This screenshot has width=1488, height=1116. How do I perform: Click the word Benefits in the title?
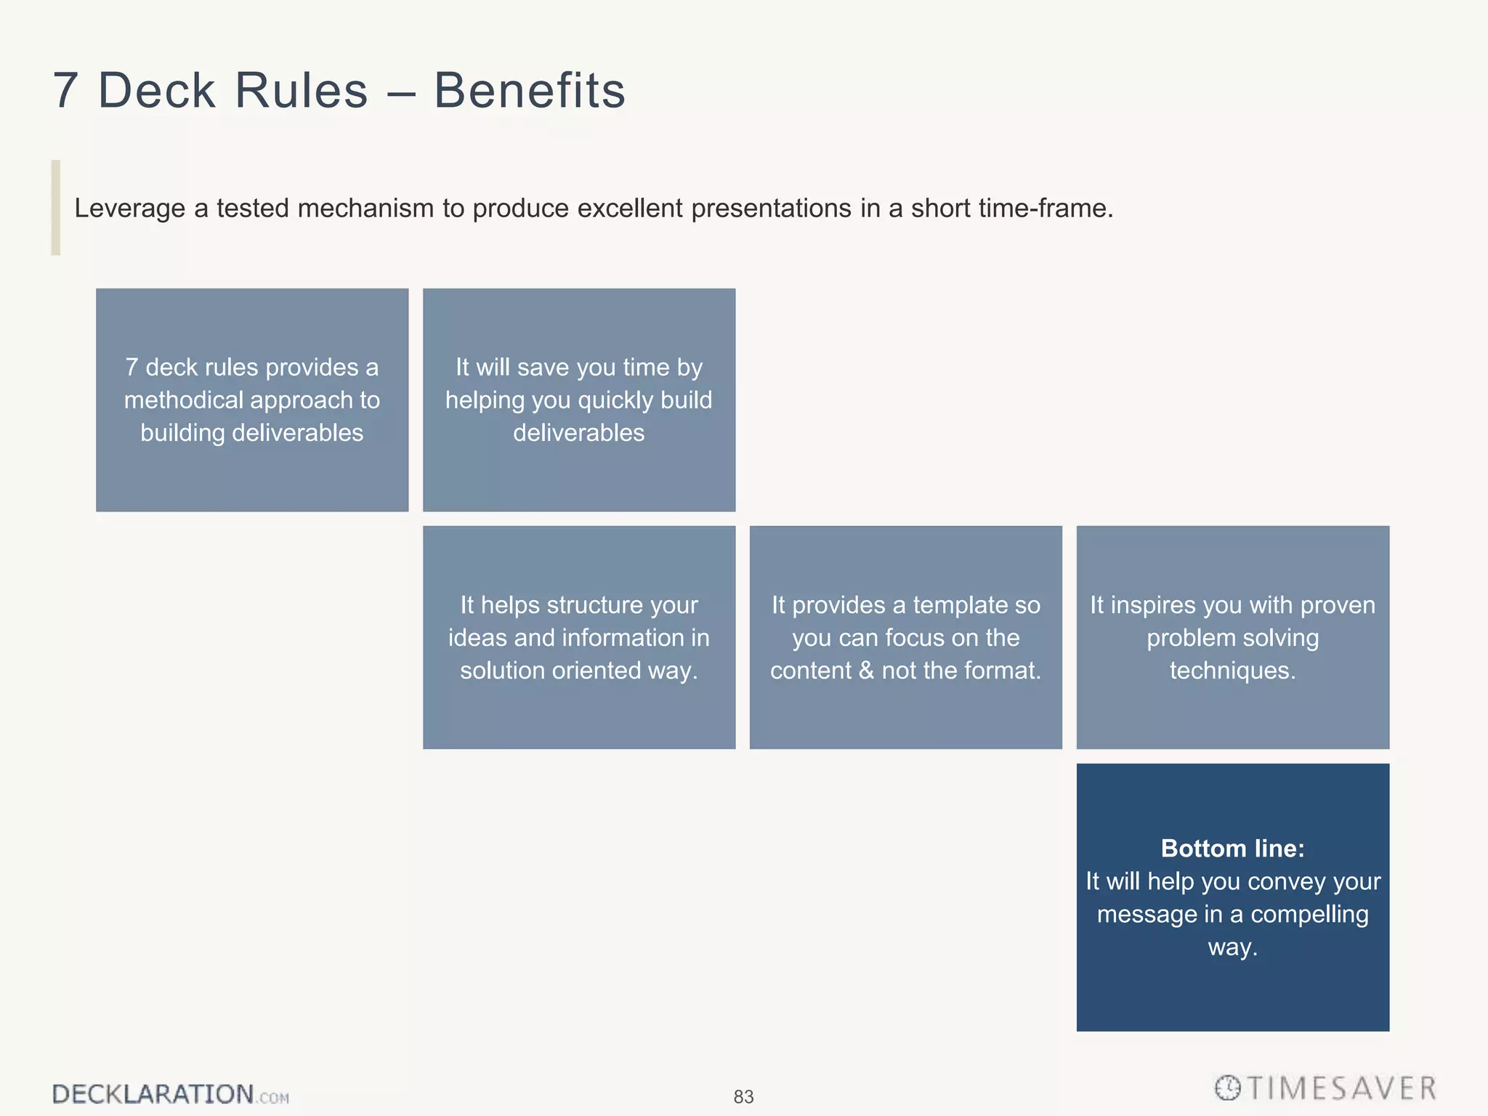point(529,91)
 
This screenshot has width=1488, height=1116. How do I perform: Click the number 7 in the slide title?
point(65,91)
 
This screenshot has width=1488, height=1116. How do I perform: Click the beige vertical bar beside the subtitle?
point(56,208)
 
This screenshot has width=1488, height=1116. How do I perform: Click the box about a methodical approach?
point(252,400)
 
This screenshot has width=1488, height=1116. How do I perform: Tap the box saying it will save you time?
point(579,400)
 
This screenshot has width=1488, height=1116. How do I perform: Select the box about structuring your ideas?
point(579,637)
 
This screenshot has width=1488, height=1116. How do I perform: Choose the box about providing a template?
point(905,637)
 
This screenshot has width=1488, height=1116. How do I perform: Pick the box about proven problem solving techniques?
point(1232,637)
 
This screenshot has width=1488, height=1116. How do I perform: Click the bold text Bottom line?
point(1232,848)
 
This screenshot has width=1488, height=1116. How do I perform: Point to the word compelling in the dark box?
point(1309,914)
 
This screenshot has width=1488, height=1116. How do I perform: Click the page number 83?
point(743,1096)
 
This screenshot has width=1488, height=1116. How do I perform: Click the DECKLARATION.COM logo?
point(170,1094)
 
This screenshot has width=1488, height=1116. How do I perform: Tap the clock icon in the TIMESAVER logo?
point(1228,1088)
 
